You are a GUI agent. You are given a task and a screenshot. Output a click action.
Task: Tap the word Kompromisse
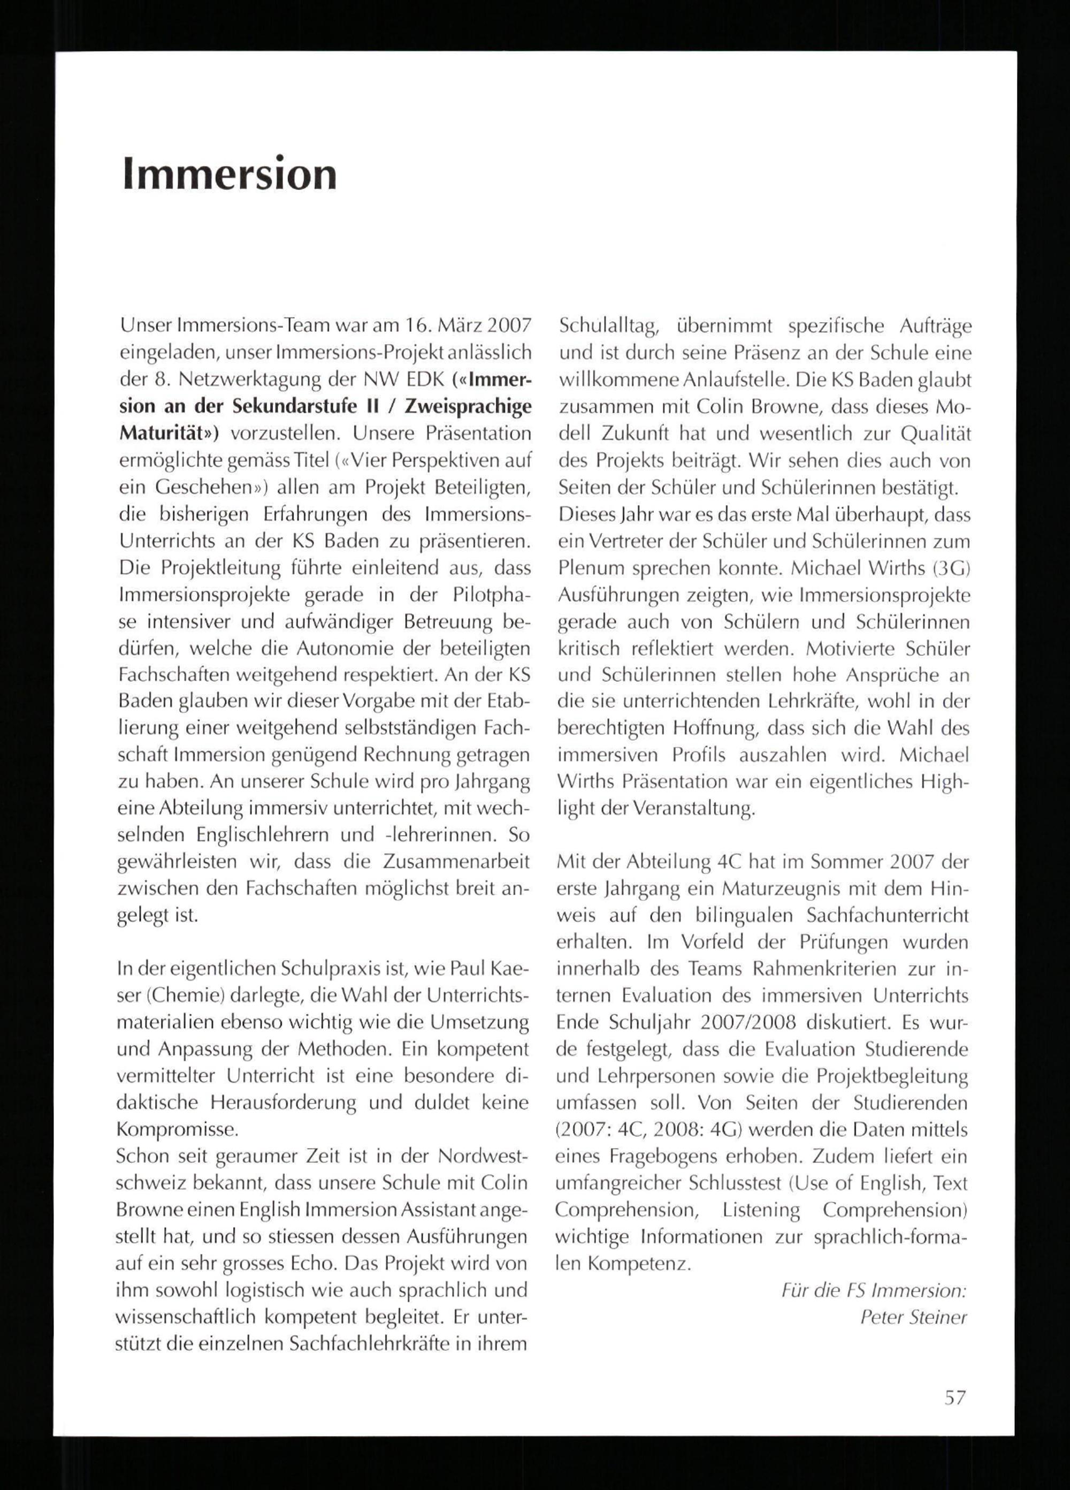176,1129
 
